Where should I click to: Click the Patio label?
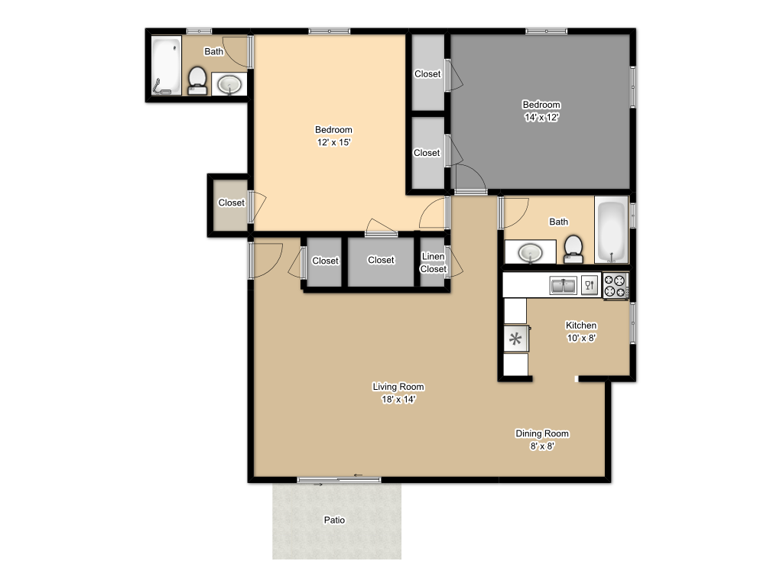point(334,521)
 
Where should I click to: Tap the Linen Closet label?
point(433,263)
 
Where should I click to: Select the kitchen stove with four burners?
point(615,285)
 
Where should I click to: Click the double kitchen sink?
point(564,286)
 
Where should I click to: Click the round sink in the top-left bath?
point(229,84)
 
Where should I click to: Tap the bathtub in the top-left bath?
point(165,66)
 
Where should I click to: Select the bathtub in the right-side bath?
point(611,231)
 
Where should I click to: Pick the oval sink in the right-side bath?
point(529,252)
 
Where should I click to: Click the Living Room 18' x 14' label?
point(398,393)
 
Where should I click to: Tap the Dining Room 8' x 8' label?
point(541,439)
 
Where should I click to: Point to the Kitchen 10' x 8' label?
point(580,331)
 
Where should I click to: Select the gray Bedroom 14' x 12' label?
point(541,111)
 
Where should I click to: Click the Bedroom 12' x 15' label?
point(333,135)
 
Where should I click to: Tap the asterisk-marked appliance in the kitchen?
point(515,339)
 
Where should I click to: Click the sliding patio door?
point(339,479)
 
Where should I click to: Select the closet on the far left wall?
point(230,203)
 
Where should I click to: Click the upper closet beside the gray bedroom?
point(428,73)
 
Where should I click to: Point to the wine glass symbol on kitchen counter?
point(589,286)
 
